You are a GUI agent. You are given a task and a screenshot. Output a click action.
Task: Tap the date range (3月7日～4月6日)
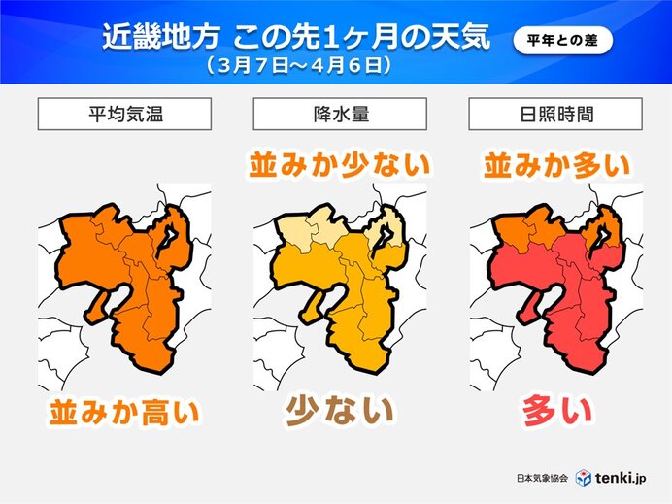(298, 67)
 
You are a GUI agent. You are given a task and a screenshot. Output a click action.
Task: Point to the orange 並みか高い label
(123, 414)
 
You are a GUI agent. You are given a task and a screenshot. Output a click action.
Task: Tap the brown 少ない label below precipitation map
(339, 412)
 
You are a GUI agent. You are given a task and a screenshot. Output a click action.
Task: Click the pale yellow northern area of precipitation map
(301, 231)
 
